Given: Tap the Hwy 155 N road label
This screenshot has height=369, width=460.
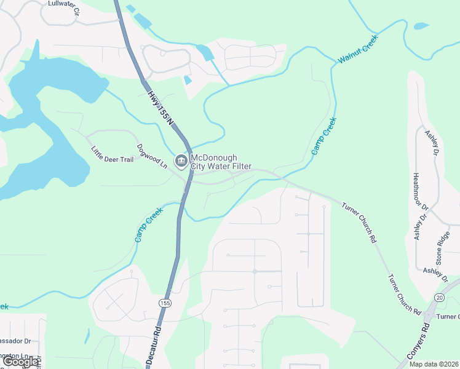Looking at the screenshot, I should (x=161, y=106).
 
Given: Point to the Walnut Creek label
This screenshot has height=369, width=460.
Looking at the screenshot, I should (x=358, y=50).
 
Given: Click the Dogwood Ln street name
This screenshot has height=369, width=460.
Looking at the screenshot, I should (x=151, y=156).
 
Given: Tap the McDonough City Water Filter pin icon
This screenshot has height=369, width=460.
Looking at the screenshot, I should (x=181, y=162).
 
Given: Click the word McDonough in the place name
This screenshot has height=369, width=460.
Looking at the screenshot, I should (x=214, y=158).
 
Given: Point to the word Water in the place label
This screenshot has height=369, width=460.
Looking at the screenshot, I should (x=216, y=167).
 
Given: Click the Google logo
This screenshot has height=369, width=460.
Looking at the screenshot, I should (x=21, y=361).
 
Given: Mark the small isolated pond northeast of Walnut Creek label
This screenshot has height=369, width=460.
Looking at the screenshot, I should (x=421, y=26).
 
